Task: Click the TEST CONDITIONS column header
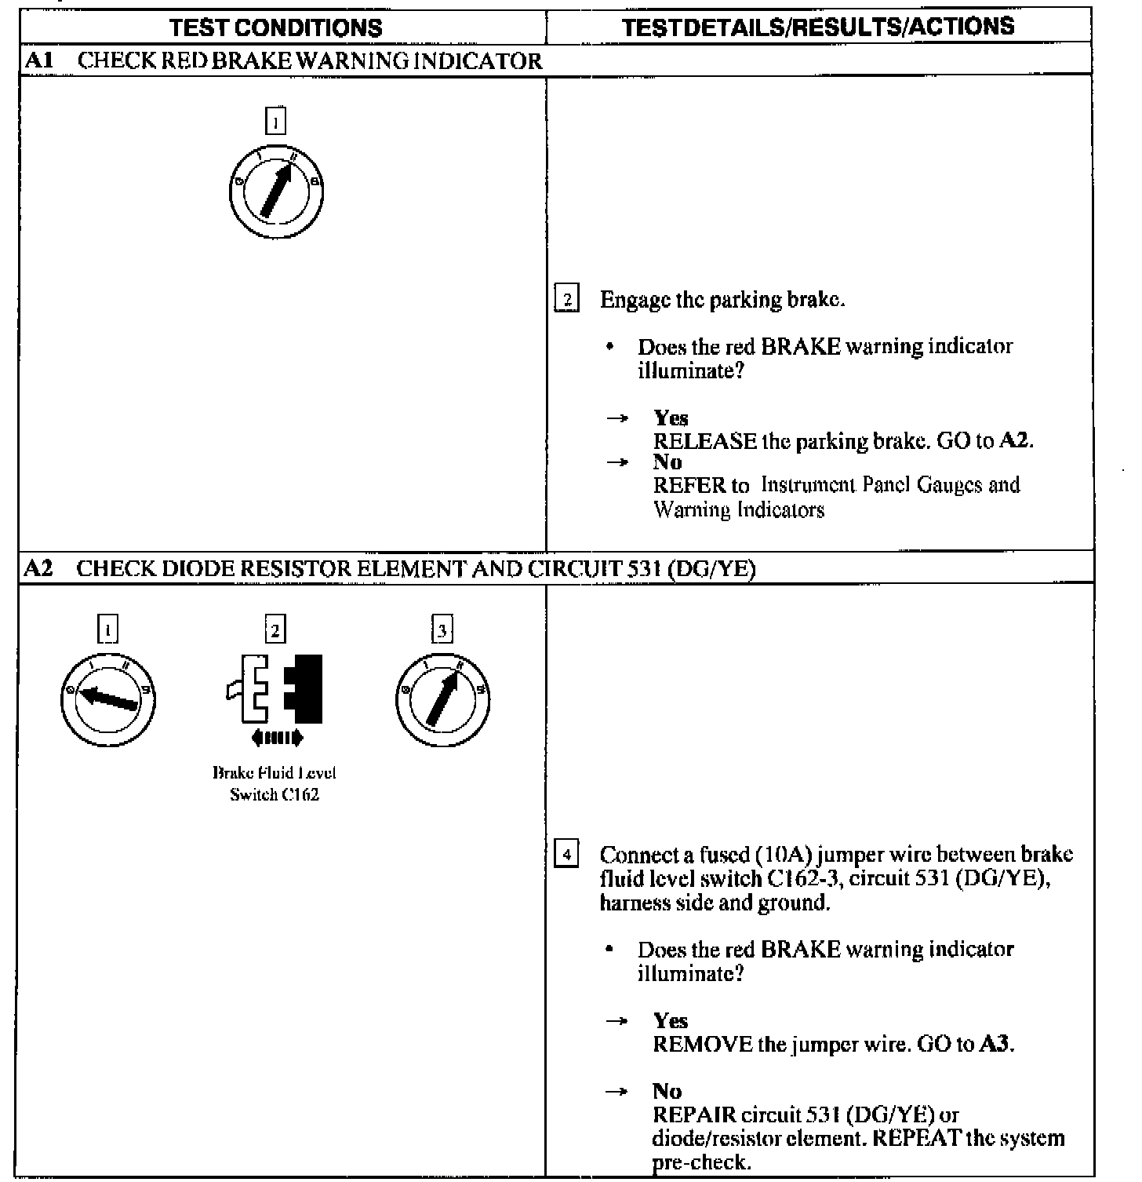tap(276, 28)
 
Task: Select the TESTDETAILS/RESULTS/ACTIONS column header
tap(817, 27)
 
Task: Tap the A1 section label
tap(38, 60)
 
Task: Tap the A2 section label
tap(38, 568)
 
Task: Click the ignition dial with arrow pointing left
tap(107, 699)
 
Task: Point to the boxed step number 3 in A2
tap(442, 629)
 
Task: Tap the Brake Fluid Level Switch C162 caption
tap(275, 783)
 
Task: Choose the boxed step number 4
tap(567, 853)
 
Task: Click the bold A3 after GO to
tap(995, 1045)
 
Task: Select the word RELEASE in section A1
tap(705, 441)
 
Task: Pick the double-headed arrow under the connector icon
tap(275, 738)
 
